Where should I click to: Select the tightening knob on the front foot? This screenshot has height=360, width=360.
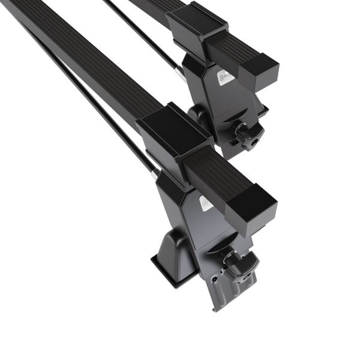pos(239,265)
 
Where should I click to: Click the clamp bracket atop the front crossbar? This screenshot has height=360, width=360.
pos(174,132)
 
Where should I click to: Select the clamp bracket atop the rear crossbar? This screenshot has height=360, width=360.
pos(198,27)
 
